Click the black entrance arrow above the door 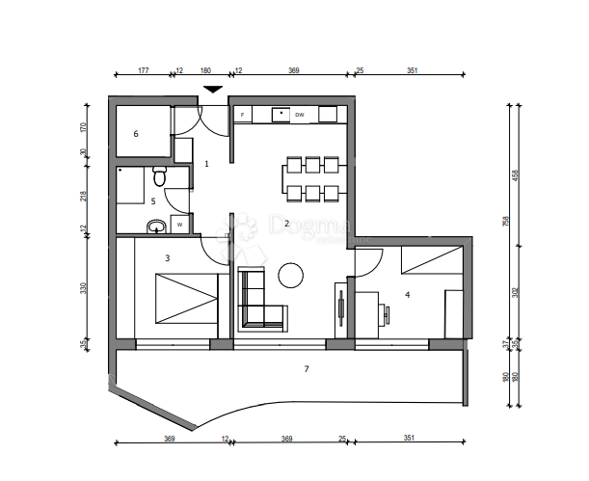[x=213, y=90]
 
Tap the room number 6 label [x=136, y=134]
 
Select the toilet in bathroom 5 [x=160, y=176]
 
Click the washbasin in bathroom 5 [x=155, y=227]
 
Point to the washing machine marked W [x=178, y=226]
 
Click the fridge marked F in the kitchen [x=242, y=116]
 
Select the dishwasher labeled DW [x=300, y=116]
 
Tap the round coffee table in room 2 [x=291, y=276]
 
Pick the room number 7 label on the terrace [x=307, y=369]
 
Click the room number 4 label [x=408, y=295]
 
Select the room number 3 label [x=167, y=258]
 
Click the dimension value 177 [x=143, y=70]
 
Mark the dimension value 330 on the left [x=85, y=288]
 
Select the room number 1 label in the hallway [x=205, y=164]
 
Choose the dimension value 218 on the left [x=85, y=196]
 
